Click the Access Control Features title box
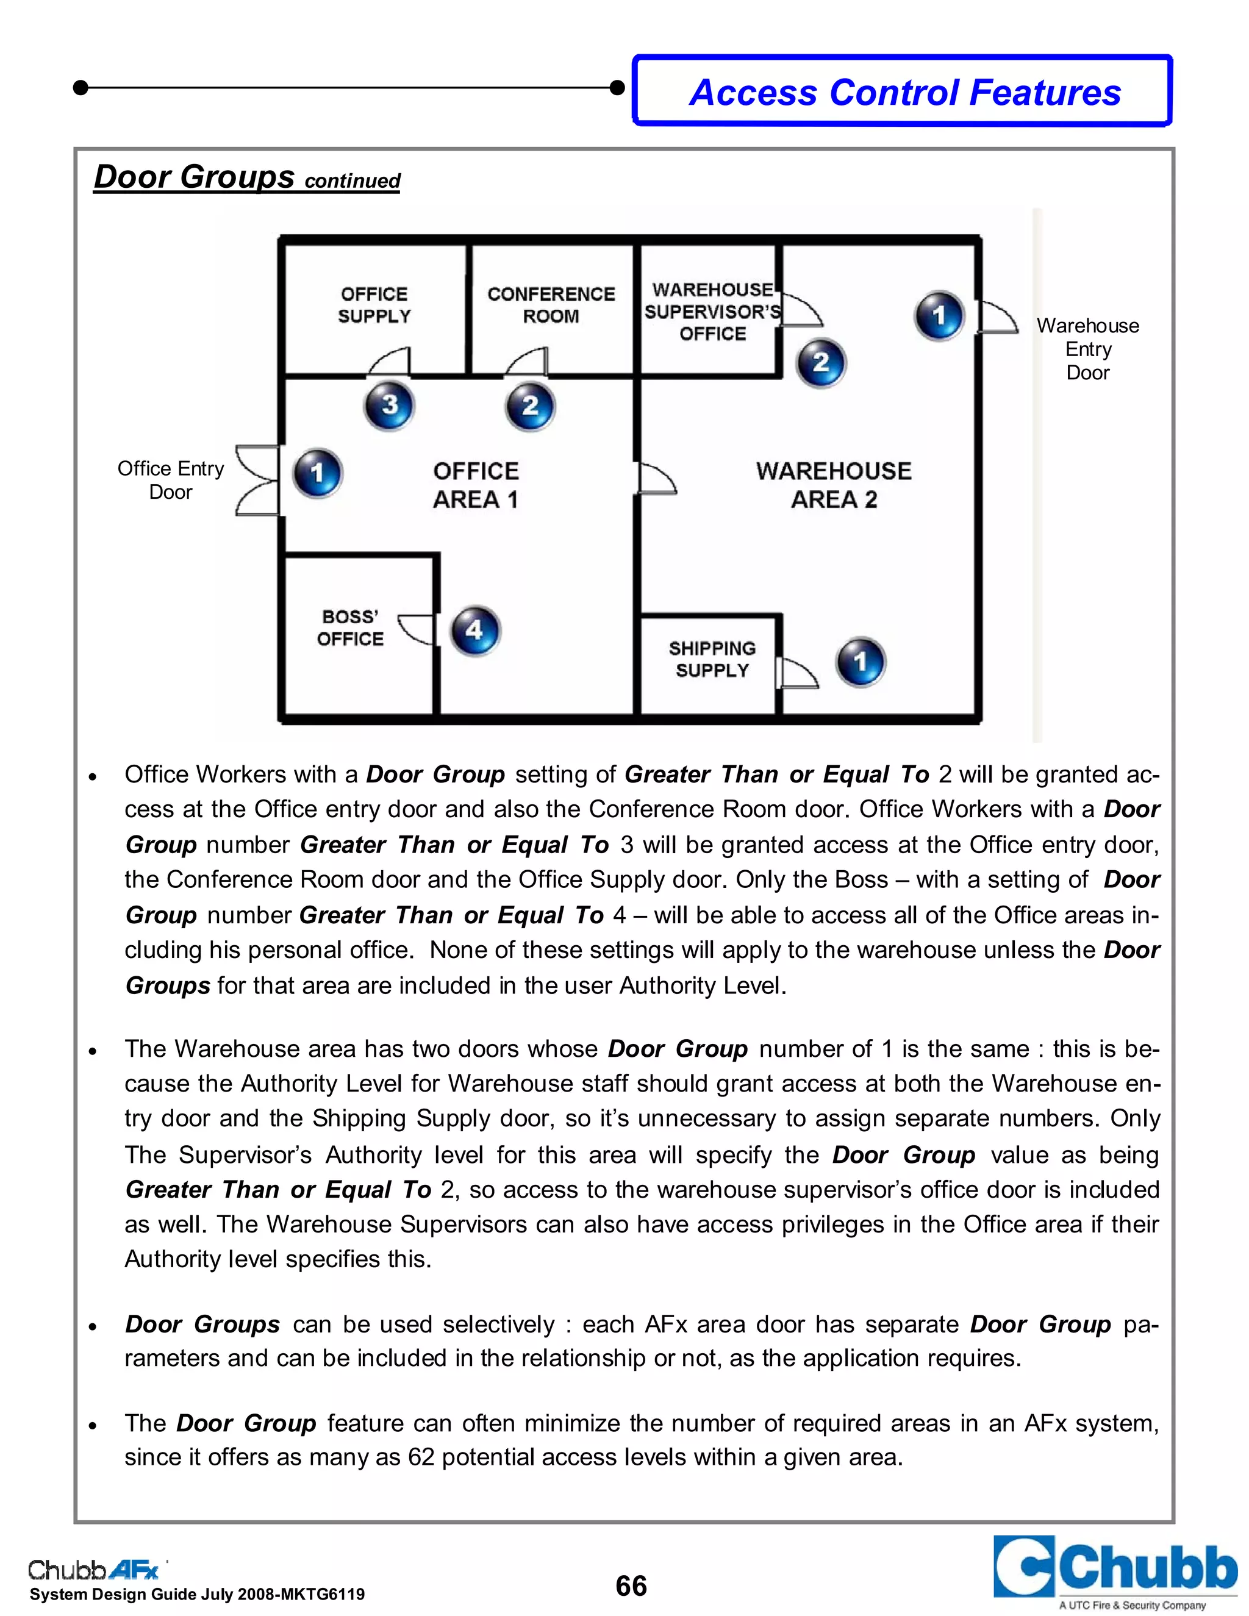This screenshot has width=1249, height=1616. click(903, 91)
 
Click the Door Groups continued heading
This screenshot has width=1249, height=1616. click(246, 178)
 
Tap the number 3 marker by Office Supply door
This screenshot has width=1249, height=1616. click(389, 406)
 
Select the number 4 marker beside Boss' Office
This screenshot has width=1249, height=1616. click(475, 631)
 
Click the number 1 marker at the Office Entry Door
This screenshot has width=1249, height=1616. click(317, 473)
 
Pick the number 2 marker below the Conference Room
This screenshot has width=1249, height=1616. click(530, 406)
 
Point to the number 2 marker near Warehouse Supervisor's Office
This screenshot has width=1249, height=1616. click(821, 363)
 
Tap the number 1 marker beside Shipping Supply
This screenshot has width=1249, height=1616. click(860, 662)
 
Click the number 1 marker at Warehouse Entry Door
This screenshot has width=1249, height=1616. click(939, 316)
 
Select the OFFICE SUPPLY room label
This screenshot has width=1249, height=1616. click(374, 305)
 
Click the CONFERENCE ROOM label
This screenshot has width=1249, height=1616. click(551, 305)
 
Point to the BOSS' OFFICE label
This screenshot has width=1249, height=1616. click(351, 627)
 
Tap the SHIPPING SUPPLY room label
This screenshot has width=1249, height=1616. click(712, 659)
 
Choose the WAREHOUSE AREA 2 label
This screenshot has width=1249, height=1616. click(834, 485)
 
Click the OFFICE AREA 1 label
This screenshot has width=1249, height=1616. click(476, 485)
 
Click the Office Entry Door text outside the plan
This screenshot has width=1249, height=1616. click(171, 480)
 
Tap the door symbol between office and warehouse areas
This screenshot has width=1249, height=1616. click(655, 479)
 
